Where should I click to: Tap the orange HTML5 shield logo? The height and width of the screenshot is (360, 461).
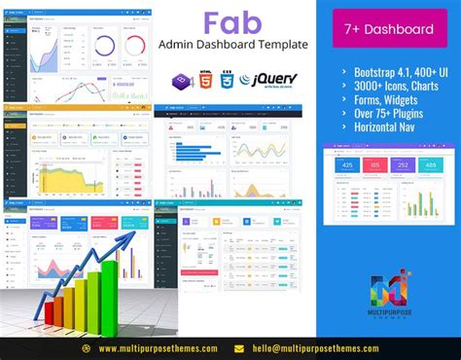pos(204,81)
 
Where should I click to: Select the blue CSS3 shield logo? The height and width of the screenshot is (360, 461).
pos(227,81)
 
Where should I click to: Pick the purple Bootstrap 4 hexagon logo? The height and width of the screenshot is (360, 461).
pos(181,81)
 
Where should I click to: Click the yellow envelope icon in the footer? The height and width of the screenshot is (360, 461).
pos(238,347)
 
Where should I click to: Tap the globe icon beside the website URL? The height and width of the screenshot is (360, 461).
pos(87,347)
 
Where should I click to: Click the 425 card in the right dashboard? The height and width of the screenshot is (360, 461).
pos(344,166)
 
